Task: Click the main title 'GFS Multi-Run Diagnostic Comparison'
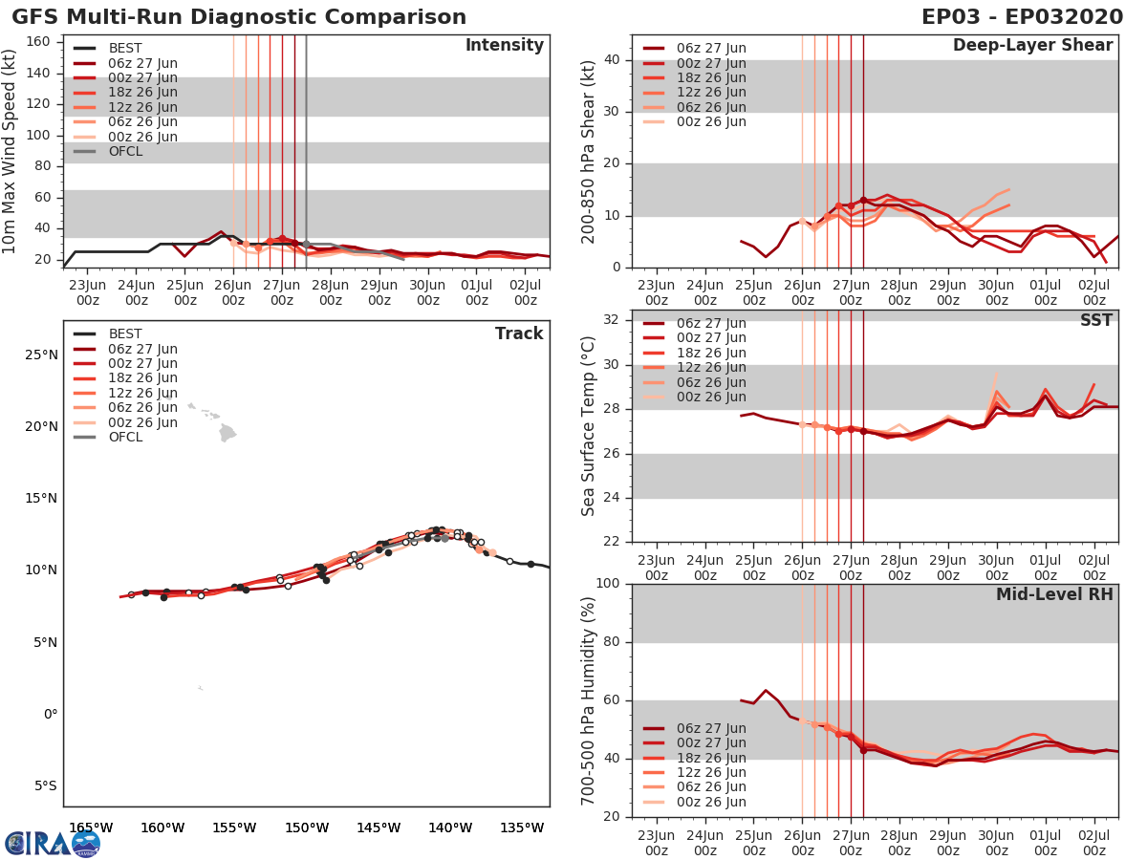coord(239,17)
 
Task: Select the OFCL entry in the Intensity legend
coord(124,151)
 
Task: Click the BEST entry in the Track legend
coord(124,334)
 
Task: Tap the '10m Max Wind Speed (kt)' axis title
coord(11,145)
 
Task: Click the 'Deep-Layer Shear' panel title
coord(1032,46)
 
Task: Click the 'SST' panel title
coord(1095,320)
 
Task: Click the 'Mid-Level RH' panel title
coord(1054,595)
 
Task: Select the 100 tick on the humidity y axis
coord(608,583)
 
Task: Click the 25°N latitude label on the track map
coord(41,355)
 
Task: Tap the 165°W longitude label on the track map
coord(92,828)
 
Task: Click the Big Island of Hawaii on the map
coord(227,434)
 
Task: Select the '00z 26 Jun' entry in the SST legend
coord(712,398)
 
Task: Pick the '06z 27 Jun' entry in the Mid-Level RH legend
coord(712,728)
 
